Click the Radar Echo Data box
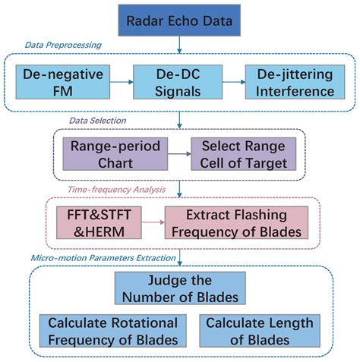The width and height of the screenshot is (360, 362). pos(178,20)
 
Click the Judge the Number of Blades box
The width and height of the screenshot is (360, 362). pos(179,288)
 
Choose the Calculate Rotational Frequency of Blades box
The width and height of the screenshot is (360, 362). pos(112,332)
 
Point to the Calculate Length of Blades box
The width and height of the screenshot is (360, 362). pos(258,332)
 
